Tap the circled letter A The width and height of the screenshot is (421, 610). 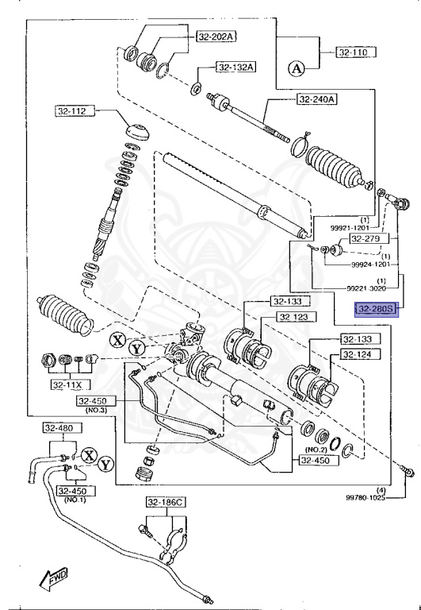pos(297,69)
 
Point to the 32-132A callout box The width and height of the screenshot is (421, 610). pos(234,68)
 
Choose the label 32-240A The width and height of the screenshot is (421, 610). pos(317,99)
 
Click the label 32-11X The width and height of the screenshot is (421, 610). pos(67,385)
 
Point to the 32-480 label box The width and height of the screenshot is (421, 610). pos(59,429)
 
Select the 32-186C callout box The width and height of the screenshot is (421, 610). pos(165,502)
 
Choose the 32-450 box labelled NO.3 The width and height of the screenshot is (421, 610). pos(97,402)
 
